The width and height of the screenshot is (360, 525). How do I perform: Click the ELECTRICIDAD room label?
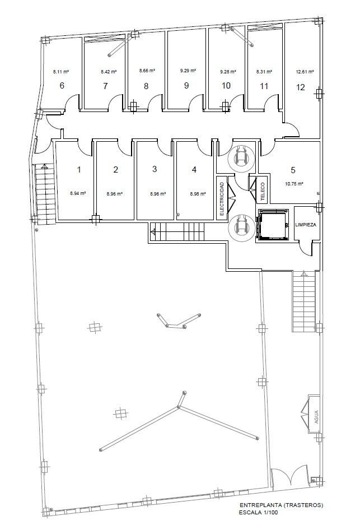click(222, 198)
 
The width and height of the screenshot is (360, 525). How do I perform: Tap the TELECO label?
click(263, 192)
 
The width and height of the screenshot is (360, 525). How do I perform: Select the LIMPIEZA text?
click(306, 225)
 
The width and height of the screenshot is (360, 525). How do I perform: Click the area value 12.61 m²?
click(305, 72)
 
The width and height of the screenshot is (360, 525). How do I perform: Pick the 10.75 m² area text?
click(294, 184)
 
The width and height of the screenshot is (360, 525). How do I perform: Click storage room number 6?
click(62, 86)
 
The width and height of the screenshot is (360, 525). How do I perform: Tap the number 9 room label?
click(186, 85)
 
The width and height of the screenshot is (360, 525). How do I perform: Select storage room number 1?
click(79, 170)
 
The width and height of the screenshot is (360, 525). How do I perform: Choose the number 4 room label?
click(194, 170)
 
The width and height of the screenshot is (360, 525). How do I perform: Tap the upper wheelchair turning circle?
click(241, 157)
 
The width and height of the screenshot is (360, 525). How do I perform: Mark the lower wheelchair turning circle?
click(241, 228)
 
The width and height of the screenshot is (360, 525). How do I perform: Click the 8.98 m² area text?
click(198, 193)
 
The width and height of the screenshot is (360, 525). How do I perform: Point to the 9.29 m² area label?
click(188, 71)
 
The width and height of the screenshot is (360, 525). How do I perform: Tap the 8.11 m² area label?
click(61, 72)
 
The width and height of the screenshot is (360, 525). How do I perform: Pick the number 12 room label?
click(301, 87)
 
